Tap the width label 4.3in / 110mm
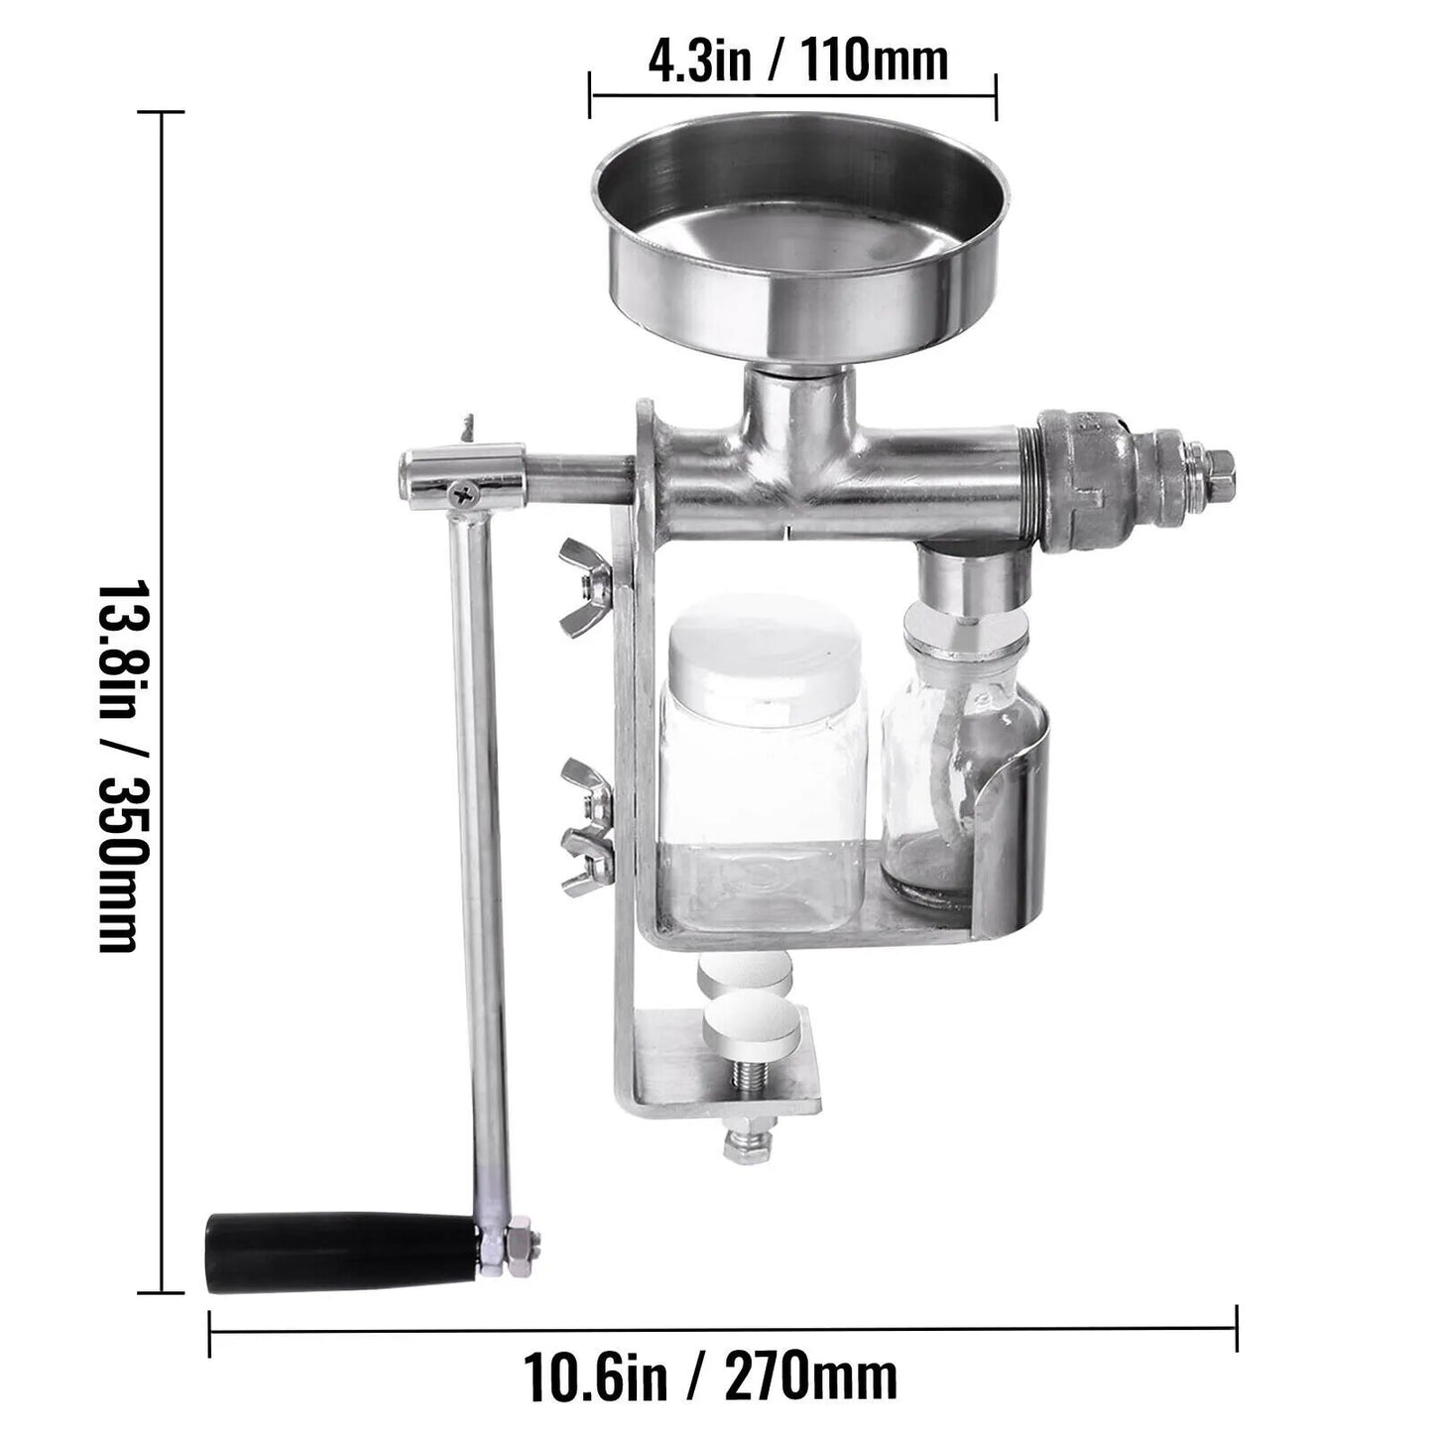[798, 61]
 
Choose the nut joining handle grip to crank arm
[518, 1252]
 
